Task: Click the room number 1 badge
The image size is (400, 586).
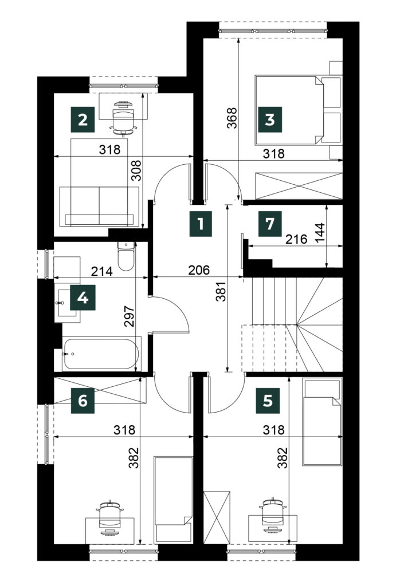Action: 201,224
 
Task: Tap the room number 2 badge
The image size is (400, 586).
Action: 83,120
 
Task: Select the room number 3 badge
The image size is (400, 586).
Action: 270,120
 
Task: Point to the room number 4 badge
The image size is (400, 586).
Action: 83,298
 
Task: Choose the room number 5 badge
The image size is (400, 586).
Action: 268,401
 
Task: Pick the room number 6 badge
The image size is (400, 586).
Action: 83,401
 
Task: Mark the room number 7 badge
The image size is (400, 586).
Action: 270,224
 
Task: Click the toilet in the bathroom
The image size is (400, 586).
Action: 126,256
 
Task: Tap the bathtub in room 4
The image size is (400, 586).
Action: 101,354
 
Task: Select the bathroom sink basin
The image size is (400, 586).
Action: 68,302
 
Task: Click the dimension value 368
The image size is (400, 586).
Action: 232,118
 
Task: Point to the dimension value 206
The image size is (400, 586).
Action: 199,270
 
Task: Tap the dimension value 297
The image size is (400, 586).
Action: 129,316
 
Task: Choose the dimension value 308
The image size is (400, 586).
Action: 137,171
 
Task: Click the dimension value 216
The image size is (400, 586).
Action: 296,239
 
